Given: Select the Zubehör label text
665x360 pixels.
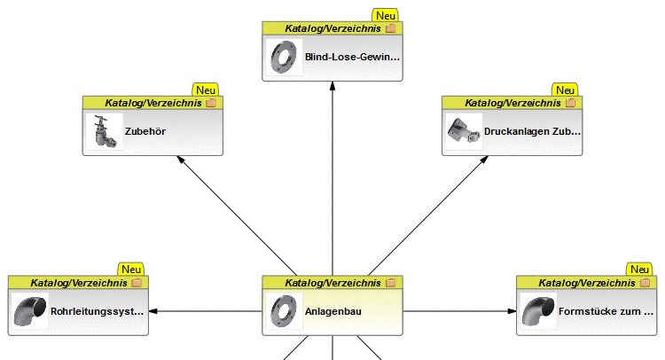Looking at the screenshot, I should coord(145,132).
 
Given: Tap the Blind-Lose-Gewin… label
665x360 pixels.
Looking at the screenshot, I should coord(352,57).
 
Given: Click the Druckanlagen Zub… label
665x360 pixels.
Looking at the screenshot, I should coord(533,132).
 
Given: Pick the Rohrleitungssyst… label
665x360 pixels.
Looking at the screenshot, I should coord(98,312).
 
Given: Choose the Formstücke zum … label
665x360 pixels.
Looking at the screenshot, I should coord(606,312).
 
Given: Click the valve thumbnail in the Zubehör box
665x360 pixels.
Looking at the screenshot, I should coord(103,132).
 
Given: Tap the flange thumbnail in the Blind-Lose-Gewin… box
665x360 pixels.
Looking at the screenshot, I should coord(283,57).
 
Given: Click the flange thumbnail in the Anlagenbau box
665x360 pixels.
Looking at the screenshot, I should coord(283,312).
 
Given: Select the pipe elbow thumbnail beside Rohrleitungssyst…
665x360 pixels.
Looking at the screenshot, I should coord(29,312).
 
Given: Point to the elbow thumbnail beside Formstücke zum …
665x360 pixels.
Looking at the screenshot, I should coord(537,312).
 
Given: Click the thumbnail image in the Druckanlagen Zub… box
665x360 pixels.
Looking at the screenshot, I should coord(462,131).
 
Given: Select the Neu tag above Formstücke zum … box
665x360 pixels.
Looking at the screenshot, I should coord(639,269).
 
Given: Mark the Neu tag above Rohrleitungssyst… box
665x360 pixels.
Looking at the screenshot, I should coord(131,269).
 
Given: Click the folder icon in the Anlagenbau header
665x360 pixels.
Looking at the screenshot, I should coord(390,283).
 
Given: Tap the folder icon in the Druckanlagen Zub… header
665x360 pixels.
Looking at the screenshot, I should coord(570,103).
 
